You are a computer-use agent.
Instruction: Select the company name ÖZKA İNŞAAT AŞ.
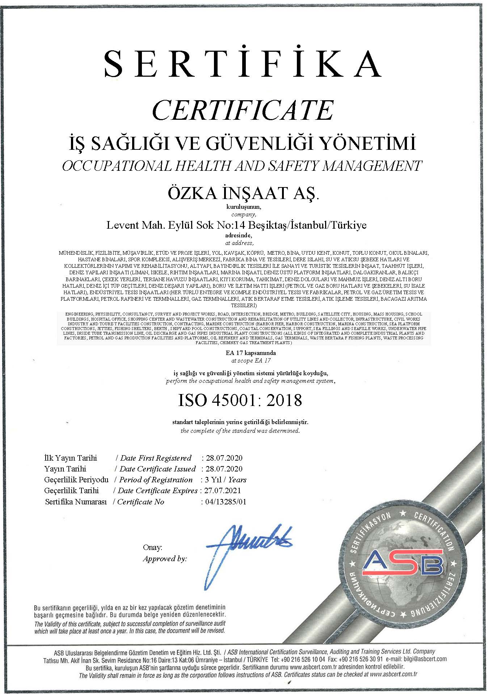[243, 193]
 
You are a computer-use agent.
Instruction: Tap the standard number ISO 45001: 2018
[240, 400]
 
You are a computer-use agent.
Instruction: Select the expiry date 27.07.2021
[222, 491]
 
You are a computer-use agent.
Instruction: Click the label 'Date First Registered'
[156, 458]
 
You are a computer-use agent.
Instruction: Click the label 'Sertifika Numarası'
[76, 502]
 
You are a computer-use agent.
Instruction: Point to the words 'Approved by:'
[165, 559]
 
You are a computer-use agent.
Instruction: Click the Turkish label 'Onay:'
[152, 547]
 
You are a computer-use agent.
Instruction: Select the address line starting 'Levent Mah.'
[236, 225]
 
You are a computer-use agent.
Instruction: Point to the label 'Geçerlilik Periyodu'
[76, 480]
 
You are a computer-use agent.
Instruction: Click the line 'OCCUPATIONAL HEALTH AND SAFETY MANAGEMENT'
[242, 166]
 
